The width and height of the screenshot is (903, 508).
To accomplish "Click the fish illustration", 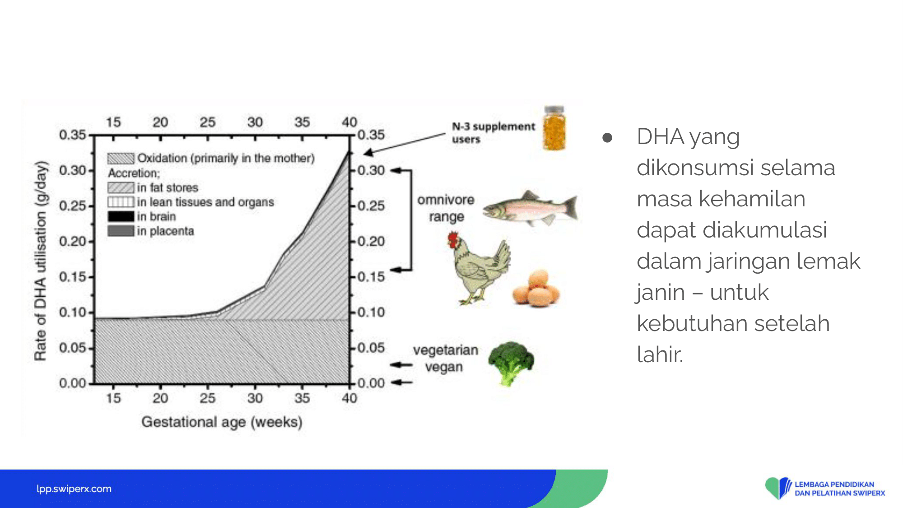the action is (530, 208).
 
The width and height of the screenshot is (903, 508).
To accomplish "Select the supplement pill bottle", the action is (554, 128).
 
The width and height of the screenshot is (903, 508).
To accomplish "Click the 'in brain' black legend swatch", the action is (121, 216).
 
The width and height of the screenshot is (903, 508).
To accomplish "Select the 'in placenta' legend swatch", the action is (121, 231).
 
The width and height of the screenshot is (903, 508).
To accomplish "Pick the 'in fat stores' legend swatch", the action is (121, 187).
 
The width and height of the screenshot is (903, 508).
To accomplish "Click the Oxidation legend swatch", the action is (121, 158).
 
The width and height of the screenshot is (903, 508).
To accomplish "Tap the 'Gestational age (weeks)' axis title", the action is (222, 422).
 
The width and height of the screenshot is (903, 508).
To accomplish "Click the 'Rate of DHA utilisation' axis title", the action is (41, 261).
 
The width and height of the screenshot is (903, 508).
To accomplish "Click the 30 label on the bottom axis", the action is (255, 398).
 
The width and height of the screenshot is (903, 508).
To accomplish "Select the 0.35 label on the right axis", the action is (371, 135).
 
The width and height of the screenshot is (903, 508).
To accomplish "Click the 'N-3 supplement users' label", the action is (493, 132).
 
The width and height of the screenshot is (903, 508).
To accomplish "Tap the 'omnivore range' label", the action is (446, 208).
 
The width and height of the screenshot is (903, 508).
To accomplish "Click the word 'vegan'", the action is (444, 367).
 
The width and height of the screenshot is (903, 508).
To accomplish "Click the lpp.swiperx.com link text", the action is (74, 489).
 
